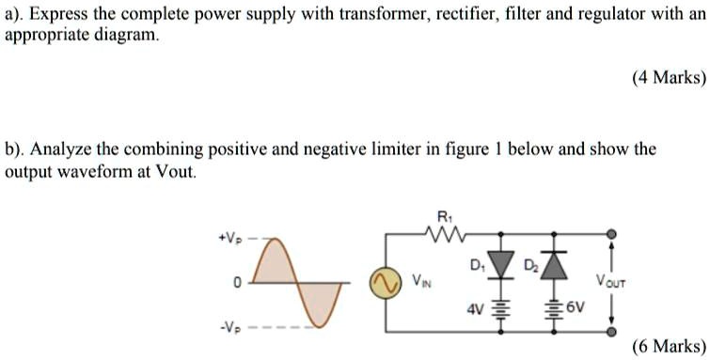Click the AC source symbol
(x=383, y=283)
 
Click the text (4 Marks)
(x=668, y=78)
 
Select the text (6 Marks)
(x=668, y=345)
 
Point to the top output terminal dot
(x=613, y=234)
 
